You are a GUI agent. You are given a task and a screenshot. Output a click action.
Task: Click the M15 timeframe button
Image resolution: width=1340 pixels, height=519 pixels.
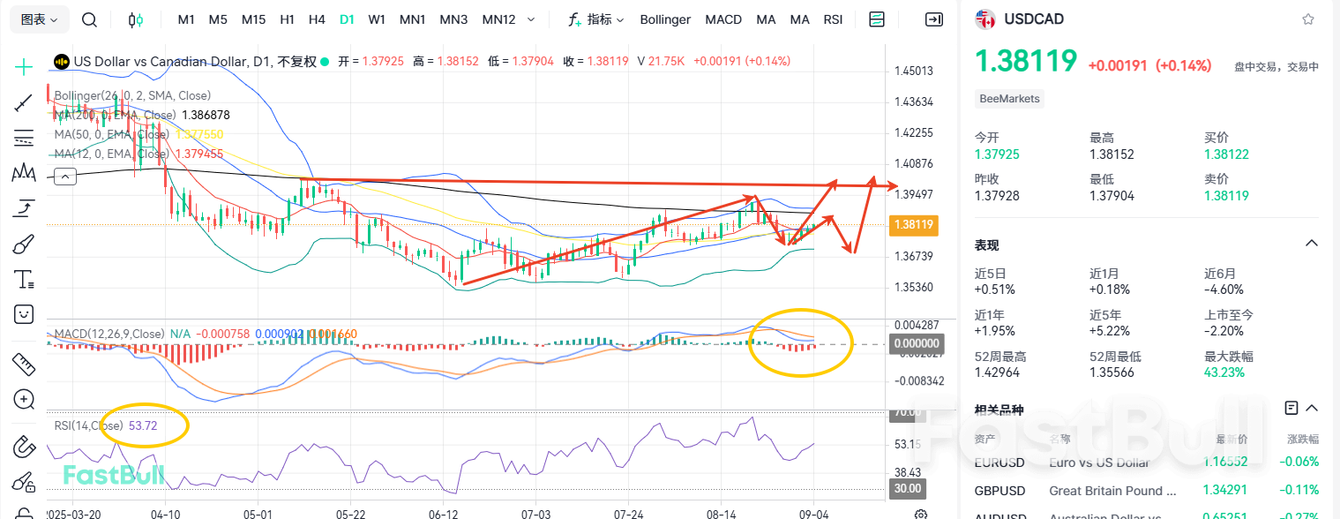pos(253,19)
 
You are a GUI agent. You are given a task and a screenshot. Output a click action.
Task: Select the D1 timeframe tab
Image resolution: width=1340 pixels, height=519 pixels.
pos(347,19)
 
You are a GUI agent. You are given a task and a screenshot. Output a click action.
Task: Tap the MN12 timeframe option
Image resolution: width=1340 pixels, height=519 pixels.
pos(498,19)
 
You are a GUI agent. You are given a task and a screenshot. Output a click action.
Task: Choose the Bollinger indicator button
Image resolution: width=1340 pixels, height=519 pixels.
pos(665,19)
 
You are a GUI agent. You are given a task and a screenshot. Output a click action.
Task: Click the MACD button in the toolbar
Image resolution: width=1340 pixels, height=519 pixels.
pos(723,19)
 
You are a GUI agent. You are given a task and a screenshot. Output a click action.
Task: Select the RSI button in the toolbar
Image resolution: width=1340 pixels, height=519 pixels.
pos(833,19)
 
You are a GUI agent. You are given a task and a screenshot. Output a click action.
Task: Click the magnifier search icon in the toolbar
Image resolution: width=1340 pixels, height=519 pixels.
pos(89,19)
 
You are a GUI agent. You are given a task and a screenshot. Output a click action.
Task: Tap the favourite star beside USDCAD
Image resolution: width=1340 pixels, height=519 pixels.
pos(1308,19)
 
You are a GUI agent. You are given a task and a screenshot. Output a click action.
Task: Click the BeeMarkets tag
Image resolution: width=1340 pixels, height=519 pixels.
pos(1010,99)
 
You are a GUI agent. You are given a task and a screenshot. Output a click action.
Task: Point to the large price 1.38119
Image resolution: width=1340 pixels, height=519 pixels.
pos(1026,61)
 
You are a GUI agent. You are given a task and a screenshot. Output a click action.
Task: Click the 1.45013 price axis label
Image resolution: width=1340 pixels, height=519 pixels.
pos(914,71)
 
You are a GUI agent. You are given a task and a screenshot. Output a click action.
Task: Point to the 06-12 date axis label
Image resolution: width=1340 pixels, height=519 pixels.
pos(443,513)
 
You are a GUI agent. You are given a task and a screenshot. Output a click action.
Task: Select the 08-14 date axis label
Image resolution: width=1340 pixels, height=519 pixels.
pos(722,513)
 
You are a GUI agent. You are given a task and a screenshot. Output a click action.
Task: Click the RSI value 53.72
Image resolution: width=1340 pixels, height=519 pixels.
pos(143,425)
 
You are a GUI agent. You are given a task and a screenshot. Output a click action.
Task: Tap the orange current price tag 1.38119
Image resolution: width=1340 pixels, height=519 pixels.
pos(914,225)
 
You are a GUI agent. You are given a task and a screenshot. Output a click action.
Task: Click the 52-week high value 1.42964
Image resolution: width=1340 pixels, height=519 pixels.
pos(1001,372)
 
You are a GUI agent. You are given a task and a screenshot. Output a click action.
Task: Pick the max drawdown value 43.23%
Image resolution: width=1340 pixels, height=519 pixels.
pos(1224,372)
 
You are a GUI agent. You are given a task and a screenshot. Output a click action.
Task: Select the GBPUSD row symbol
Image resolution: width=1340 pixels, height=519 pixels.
pos(999,490)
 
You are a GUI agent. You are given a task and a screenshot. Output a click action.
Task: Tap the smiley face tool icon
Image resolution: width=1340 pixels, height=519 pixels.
pos(24,313)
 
